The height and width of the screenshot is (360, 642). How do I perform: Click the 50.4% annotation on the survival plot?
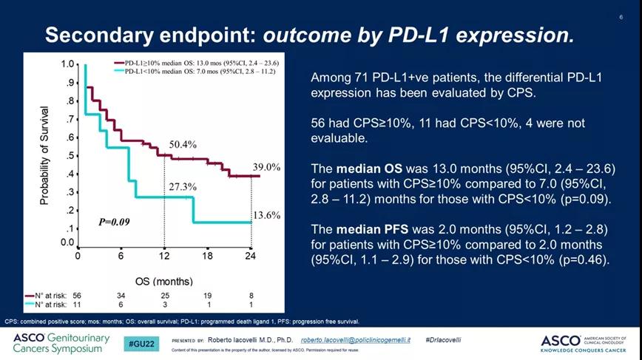(x=183, y=144)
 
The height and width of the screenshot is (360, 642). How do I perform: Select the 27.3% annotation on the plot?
(x=181, y=187)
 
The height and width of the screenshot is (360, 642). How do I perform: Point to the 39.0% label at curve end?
(x=267, y=168)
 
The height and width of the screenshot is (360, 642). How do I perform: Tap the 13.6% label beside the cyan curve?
(x=267, y=215)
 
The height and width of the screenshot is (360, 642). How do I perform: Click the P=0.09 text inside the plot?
(x=115, y=221)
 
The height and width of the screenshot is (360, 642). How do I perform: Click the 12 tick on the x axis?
(x=164, y=256)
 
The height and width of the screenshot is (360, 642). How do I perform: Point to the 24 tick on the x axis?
(x=251, y=256)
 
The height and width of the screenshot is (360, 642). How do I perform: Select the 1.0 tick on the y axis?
(x=67, y=65)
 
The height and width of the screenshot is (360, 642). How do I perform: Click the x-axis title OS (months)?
(x=163, y=282)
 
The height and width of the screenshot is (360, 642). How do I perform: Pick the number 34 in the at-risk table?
(x=121, y=294)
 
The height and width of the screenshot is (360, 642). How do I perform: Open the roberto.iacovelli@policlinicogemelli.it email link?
(x=357, y=339)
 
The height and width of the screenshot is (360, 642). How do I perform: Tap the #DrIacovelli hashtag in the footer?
(x=444, y=339)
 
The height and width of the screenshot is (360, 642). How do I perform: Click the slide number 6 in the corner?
(x=621, y=16)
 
